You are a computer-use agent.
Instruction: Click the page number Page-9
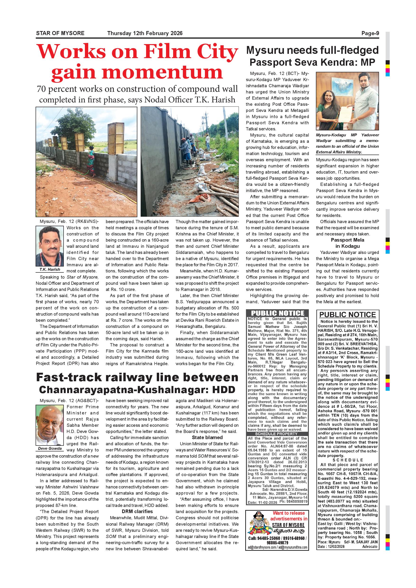[370, 33]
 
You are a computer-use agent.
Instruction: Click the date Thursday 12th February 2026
[145, 33]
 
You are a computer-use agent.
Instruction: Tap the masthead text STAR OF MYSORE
[60, 33]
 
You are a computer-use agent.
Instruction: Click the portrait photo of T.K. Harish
[50, 246]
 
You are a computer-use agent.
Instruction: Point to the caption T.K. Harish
[50, 269]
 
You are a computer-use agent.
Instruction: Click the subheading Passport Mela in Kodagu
[347, 243]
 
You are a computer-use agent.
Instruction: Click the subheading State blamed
[207, 437]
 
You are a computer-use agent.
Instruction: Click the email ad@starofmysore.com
[261, 547]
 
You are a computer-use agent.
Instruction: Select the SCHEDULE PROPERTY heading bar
[276, 434]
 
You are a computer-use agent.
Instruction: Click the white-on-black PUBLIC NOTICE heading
[277, 313]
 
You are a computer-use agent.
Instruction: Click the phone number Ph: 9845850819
[293, 501]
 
